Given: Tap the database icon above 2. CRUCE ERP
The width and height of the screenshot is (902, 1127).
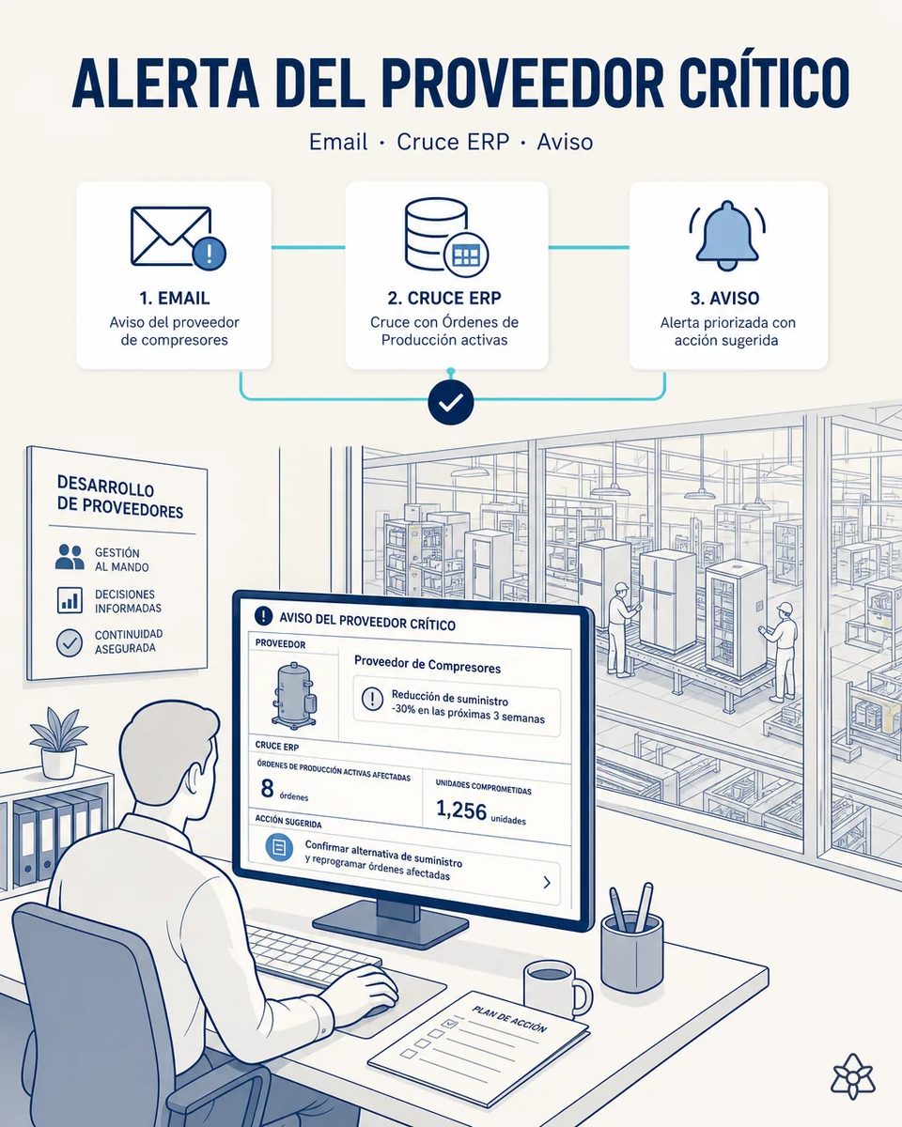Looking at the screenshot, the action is tap(445, 236).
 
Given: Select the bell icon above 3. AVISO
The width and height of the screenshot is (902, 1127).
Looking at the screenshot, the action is tap(727, 235).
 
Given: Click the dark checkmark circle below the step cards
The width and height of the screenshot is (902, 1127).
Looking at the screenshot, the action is tap(451, 402).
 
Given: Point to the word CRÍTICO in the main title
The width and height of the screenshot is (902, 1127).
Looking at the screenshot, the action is tap(765, 83).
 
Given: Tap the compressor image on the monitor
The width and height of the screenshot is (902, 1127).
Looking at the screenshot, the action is tap(294, 693).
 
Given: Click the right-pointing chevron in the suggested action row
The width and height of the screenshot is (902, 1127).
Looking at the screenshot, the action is tap(547, 883).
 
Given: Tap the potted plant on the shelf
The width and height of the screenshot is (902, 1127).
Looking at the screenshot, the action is tap(58, 743).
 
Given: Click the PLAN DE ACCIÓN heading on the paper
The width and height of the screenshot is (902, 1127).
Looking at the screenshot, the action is tap(509, 1019).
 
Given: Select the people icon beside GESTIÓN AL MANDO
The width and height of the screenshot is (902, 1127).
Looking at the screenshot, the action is tap(70, 557).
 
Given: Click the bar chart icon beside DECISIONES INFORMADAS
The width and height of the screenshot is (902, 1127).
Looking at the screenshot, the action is tap(70, 599).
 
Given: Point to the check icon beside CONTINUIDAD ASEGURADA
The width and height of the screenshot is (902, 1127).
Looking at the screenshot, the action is tap(70, 642).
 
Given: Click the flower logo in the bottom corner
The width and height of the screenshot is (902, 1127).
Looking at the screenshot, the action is tap(852, 1076).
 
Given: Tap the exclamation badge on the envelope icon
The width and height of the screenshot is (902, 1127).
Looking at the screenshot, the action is tap(210, 254).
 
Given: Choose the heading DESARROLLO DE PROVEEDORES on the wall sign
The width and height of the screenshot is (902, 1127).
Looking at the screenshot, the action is tap(120, 497).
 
